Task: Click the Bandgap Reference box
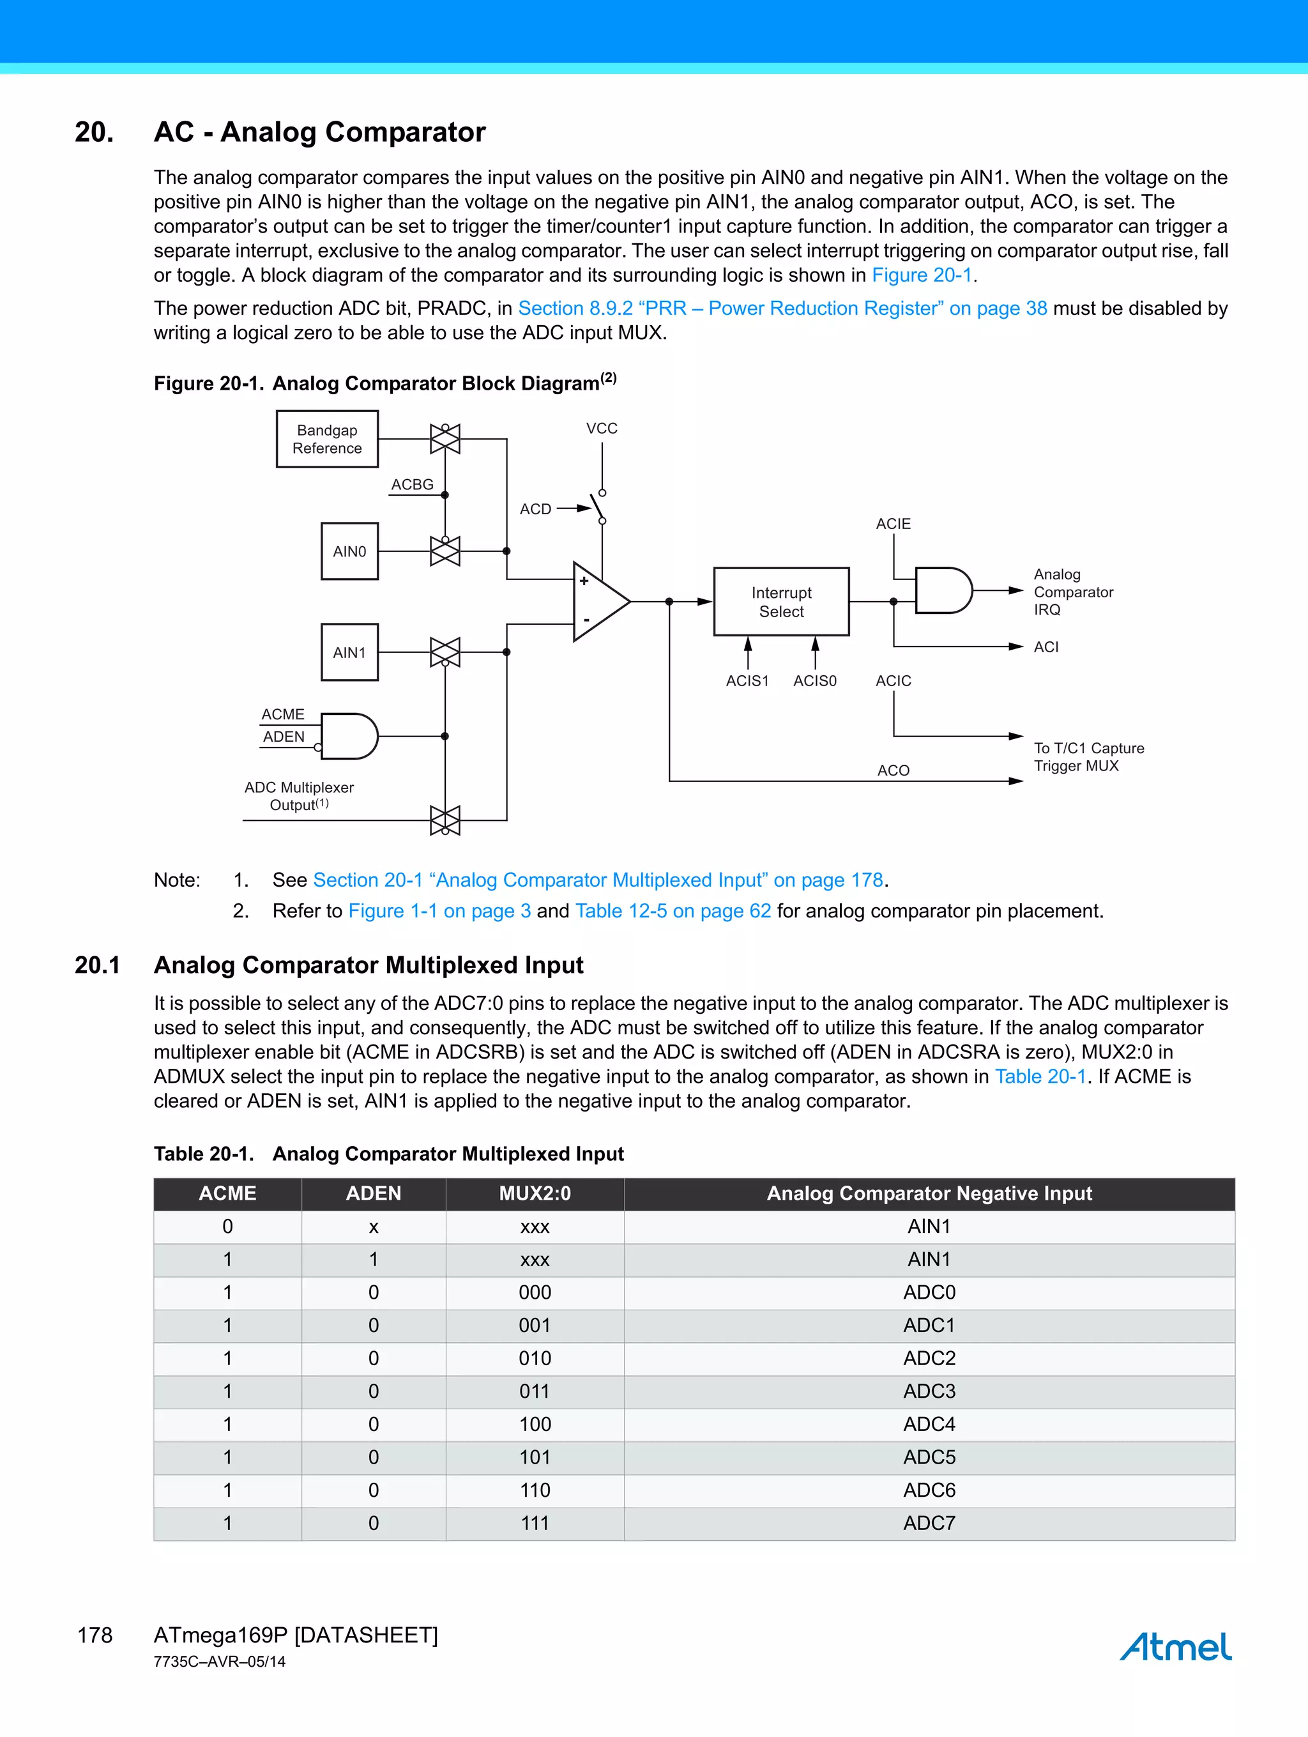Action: [x=328, y=439]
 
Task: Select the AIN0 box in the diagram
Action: [x=349, y=551]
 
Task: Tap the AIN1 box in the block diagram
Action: [x=349, y=652]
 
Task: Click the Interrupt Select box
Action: [x=781, y=602]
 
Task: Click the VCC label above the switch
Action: [x=602, y=429]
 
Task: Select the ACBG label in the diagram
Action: [x=412, y=484]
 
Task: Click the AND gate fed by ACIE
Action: [x=942, y=590]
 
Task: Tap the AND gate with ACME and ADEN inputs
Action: [x=349, y=736]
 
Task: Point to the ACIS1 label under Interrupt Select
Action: [x=747, y=681]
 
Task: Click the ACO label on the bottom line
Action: [x=893, y=770]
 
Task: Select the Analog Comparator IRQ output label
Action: [x=1072, y=592]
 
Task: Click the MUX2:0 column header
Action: [x=535, y=1193]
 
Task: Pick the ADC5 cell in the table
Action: [x=929, y=1457]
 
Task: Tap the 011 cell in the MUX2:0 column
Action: [x=535, y=1391]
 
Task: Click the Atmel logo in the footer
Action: [x=1175, y=1647]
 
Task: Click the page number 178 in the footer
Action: [x=95, y=1635]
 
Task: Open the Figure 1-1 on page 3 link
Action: [x=439, y=911]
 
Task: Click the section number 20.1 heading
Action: [x=97, y=965]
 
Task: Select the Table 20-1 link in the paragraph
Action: [x=1040, y=1076]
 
